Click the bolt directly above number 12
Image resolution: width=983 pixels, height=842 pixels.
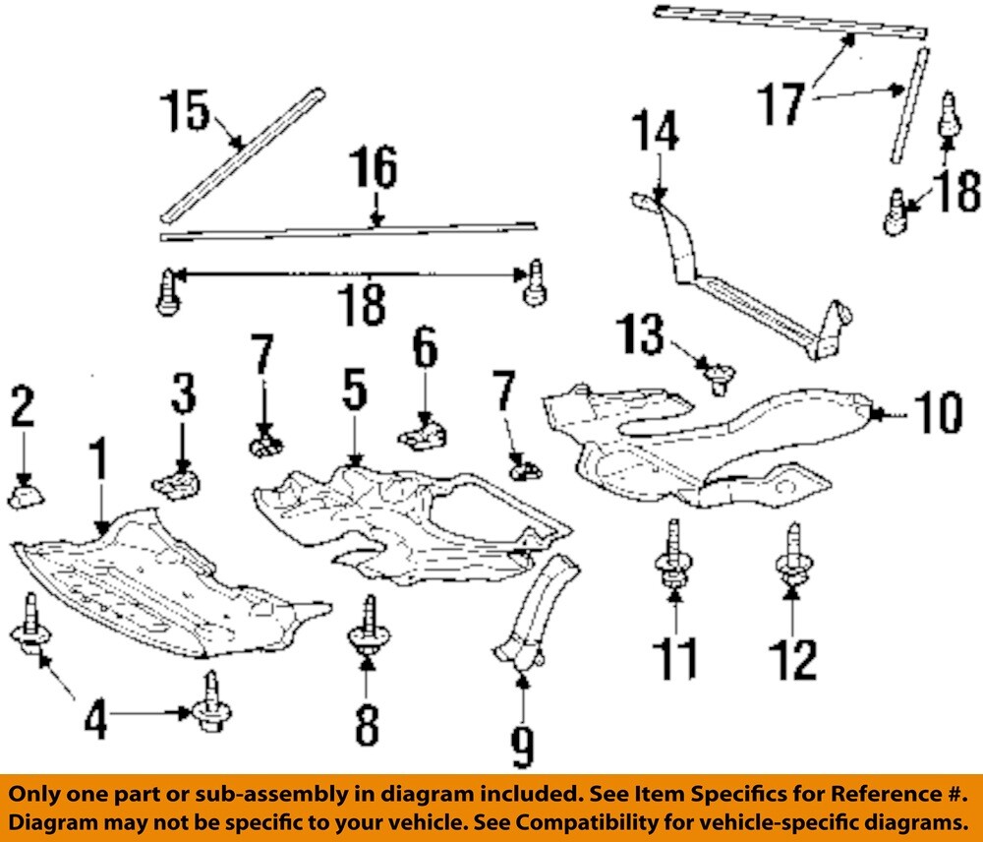point(792,557)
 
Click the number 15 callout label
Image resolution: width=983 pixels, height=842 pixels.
point(186,111)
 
